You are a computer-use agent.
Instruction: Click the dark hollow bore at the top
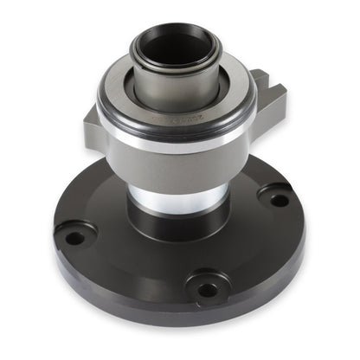coord(177,47)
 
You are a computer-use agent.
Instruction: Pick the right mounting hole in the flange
coord(277,200)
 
